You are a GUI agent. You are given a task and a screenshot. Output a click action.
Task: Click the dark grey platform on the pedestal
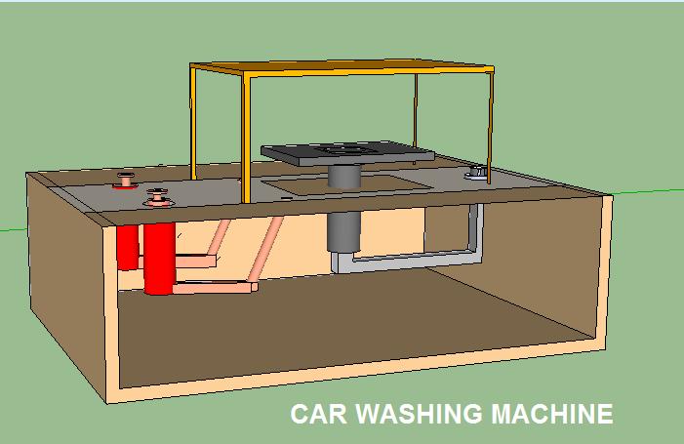tap(293, 153)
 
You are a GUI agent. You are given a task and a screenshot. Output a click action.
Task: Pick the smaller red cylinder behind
tap(127, 249)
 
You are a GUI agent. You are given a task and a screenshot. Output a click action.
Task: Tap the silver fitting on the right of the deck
tap(476, 173)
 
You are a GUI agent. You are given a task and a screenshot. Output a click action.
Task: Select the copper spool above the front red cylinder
tap(158, 199)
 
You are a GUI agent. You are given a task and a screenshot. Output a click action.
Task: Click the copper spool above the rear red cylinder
tap(127, 181)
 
